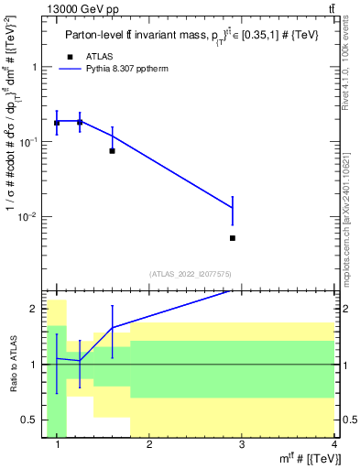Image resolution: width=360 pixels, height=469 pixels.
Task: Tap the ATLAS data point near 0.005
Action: pos(233,238)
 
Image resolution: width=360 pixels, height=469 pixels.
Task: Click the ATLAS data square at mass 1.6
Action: pos(112,150)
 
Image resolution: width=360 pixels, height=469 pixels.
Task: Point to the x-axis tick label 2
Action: pos(150,445)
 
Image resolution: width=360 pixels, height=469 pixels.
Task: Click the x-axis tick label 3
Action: pos(242,445)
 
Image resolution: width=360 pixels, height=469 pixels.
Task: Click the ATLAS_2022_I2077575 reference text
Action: pos(189,273)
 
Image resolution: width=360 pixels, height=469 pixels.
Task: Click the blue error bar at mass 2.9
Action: pos(233,210)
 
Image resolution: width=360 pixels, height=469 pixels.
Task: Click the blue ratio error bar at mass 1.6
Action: pos(112,332)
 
